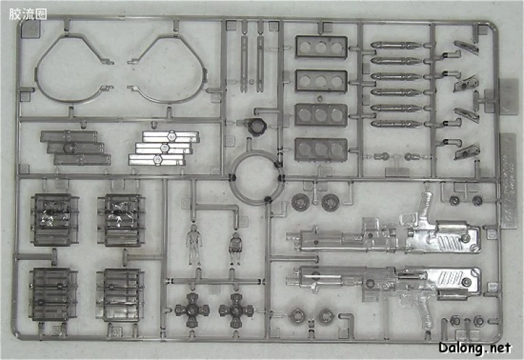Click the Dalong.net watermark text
[475, 348]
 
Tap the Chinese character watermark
[27, 14]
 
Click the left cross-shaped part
[193, 310]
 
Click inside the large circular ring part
[231, 176]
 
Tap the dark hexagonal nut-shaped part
[257, 127]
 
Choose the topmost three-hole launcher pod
[321, 47]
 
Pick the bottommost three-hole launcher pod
[321, 149]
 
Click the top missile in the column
[395, 45]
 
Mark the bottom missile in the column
[395, 124]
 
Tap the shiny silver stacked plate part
[163, 147]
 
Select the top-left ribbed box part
[55, 219]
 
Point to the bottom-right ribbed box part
[121, 295]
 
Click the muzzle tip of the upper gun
[288, 236]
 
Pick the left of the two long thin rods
[244, 64]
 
